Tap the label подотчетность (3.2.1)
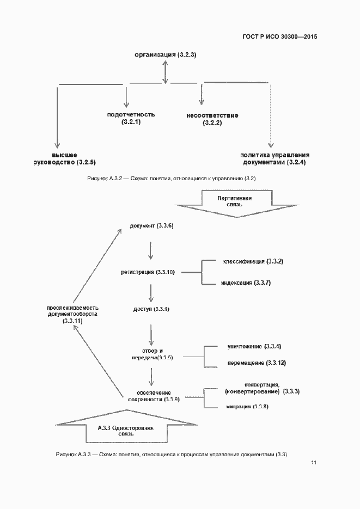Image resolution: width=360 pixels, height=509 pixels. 131,119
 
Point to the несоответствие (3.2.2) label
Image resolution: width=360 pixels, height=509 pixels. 212,119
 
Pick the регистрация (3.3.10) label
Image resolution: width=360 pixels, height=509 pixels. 147,272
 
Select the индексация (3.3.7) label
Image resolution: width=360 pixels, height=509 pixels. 246,283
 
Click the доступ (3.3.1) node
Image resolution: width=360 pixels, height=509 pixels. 151,309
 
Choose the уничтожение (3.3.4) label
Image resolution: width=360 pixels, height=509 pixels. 254,347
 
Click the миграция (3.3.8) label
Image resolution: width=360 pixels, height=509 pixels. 247,407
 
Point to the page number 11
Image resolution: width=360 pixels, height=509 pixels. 314,463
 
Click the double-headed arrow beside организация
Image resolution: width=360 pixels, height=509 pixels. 164,71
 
